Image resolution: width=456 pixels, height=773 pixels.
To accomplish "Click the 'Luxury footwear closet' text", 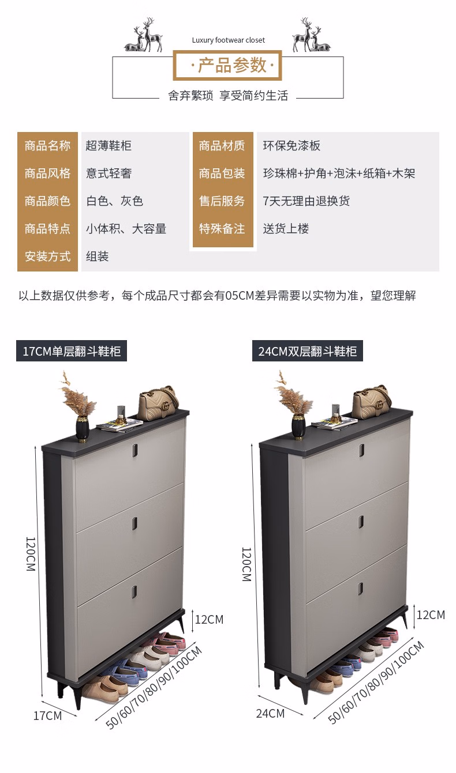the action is (x=229, y=40).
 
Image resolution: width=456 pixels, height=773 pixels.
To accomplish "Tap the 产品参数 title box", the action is (x=227, y=65).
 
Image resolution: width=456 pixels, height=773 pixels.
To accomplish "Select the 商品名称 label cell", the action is (x=48, y=146).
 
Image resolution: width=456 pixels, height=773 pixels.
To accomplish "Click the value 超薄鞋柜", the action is (x=109, y=146).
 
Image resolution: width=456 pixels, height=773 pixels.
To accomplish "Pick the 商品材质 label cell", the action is (x=222, y=146).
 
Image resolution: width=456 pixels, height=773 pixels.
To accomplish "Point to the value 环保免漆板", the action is (x=291, y=146).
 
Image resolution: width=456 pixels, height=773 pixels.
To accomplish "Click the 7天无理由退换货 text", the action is (x=306, y=201).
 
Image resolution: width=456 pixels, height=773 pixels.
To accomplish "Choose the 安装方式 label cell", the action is (x=48, y=257).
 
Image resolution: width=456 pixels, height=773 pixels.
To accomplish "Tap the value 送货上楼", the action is (x=286, y=228).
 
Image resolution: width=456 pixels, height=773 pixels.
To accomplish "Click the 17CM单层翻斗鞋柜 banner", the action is (x=72, y=351).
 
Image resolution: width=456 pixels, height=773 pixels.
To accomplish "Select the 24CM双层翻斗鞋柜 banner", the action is (x=308, y=351).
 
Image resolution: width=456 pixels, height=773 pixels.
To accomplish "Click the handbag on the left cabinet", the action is (x=159, y=403).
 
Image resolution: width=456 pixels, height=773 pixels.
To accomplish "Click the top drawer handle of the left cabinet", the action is (x=134, y=449).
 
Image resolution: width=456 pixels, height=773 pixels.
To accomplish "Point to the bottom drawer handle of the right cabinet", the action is (x=361, y=589).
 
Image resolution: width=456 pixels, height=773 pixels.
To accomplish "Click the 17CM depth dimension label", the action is (x=48, y=716).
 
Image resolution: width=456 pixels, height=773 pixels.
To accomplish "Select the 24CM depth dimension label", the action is (x=270, y=713).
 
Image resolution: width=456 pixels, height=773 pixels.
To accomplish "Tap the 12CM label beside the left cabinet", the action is (x=210, y=620).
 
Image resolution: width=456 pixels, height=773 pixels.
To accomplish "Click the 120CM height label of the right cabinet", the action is (x=246, y=564).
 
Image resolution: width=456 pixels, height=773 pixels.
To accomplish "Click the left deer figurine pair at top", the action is (x=143, y=36).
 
